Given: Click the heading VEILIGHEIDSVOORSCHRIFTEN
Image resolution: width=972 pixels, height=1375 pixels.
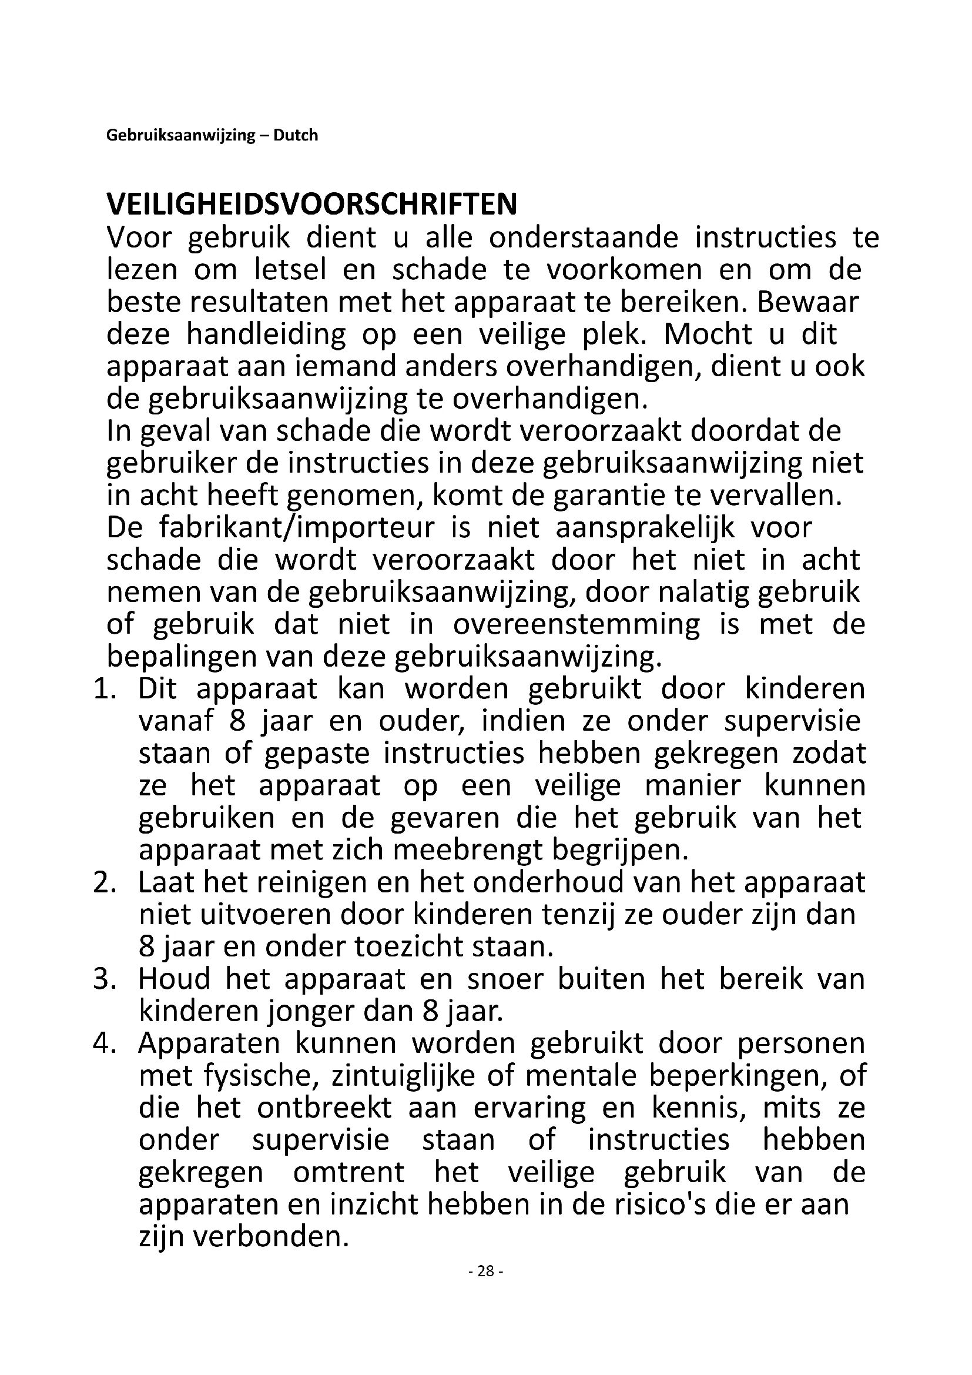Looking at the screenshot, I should (x=311, y=205).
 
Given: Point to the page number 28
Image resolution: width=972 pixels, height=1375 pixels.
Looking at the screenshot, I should (x=486, y=1287).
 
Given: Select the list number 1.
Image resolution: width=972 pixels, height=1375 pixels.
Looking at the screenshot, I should (x=103, y=690).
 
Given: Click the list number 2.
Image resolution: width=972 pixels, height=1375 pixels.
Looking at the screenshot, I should (x=103, y=884).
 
